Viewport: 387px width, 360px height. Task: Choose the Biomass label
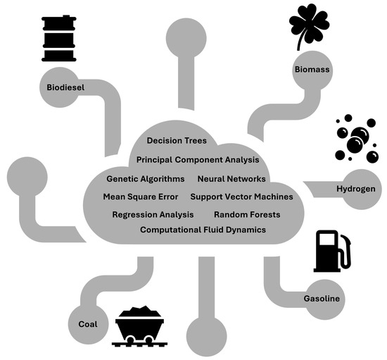point(310,70)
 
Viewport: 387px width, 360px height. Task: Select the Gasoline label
point(322,299)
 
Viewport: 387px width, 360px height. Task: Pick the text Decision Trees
point(177,141)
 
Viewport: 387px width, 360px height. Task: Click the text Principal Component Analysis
point(198,160)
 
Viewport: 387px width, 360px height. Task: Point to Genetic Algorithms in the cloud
point(146,179)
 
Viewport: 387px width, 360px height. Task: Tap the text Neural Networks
point(231,179)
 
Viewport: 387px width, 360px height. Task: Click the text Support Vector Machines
point(241,197)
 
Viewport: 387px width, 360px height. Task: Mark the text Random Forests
point(247,214)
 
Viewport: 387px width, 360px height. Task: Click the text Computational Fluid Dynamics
point(203,230)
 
